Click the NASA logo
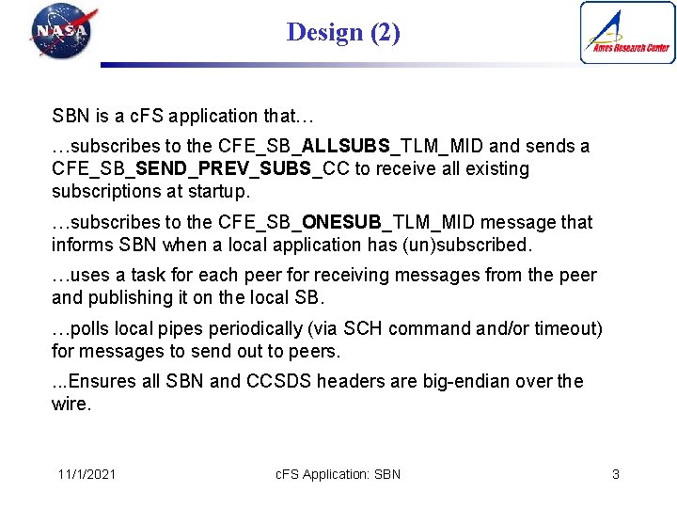tap(62, 32)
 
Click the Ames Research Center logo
tap(627, 32)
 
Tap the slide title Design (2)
tap(343, 33)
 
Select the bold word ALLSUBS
tap(347, 147)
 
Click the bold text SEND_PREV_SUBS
tap(228, 169)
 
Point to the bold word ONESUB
tap(341, 223)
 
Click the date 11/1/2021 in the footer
tap(87, 474)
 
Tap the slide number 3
tap(616, 474)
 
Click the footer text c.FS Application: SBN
tap(338, 474)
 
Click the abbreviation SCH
tap(363, 329)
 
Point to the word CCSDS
tap(279, 382)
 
